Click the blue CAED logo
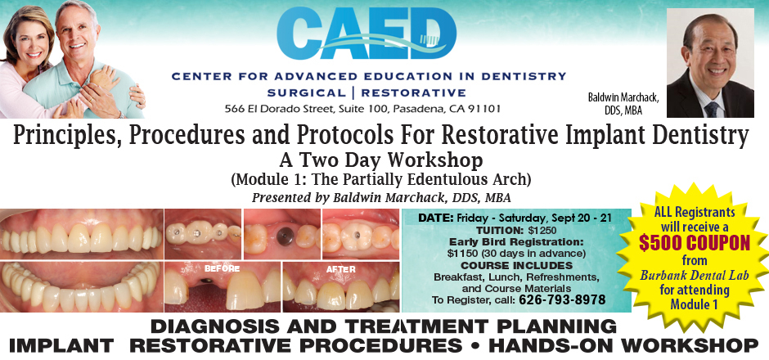[x=367, y=33]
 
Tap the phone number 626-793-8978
[x=562, y=299]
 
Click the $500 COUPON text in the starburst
[x=694, y=243]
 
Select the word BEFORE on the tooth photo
[x=223, y=269]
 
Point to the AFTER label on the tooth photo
[x=341, y=269]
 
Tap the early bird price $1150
[x=460, y=254]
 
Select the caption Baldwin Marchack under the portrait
[x=623, y=97]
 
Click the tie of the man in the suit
[x=711, y=110]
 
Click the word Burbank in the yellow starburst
[x=659, y=276]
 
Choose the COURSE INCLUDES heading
[x=516, y=265]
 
